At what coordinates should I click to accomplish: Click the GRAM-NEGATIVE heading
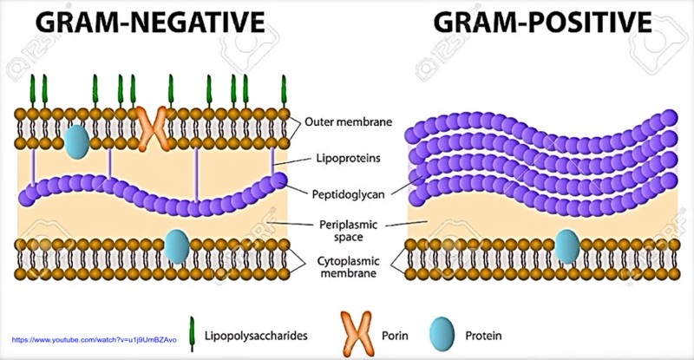(x=150, y=22)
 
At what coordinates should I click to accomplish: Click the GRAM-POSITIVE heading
(x=543, y=22)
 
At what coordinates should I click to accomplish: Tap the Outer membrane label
(x=349, y=121)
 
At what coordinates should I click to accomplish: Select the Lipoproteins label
(x=349, y=158)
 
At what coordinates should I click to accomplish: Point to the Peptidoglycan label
(x=349, y=194)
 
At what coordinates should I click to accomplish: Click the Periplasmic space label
(x=349, y=231)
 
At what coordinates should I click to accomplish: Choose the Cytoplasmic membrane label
(x=349, y=266)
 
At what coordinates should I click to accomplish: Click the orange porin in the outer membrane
(x=153, y=128)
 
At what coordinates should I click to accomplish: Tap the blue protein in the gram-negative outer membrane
(x=76, y=141)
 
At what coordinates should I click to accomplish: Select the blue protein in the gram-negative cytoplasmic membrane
(x=177, y=246)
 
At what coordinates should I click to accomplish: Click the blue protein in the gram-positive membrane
(x=567, y=246)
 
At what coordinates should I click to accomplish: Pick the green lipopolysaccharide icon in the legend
(x=192, y=334)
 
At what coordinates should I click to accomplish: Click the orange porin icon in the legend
(x=357, y=334)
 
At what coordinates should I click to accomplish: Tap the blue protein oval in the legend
(x=442, y=334)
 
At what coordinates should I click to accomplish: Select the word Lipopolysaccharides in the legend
(x=256, y=336)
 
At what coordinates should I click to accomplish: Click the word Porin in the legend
(x=395, y=336)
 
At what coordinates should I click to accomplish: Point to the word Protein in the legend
(x=483, y=336)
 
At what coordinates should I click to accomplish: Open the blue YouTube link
(x=95, y=340)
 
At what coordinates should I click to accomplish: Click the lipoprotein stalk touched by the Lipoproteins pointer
(x=272, y=161)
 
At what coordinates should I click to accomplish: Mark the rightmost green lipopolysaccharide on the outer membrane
(x=284, y=91)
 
